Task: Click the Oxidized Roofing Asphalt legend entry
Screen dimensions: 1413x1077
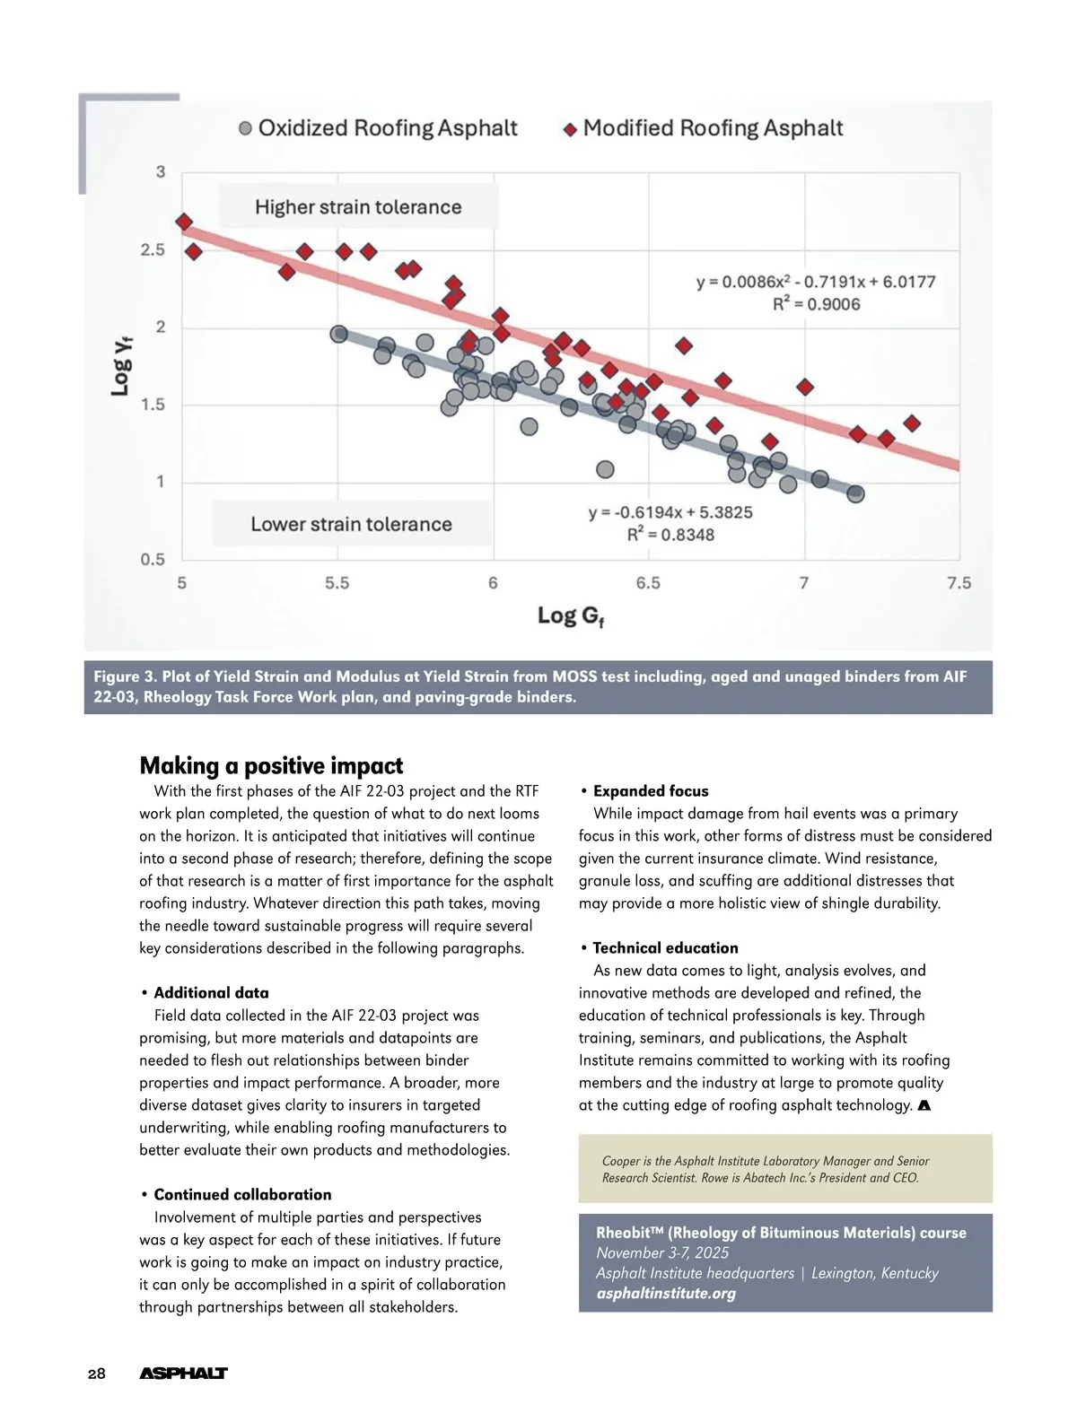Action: point(378,128)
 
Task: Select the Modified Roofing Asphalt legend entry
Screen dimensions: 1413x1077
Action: point(703,128)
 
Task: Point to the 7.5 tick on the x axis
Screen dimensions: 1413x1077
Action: point(959,583)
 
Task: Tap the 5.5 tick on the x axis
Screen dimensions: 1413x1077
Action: point(337,583)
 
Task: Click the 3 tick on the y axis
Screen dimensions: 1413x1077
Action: point(161,171)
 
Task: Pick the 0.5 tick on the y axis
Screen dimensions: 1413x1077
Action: point(153,560)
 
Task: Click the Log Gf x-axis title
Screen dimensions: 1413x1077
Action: point(571,616)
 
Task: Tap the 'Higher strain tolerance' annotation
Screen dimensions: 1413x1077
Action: point(357,207)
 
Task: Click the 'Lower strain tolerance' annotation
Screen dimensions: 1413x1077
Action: point(351,524)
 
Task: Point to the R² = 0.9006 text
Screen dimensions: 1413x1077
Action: point(816,304)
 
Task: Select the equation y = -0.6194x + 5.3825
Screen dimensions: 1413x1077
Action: point(670,512)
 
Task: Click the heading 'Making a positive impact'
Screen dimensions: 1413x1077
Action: point(271,765)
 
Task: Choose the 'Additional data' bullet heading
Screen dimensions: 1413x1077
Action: point(211,992)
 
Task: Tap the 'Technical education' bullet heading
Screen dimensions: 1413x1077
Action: point(665,947)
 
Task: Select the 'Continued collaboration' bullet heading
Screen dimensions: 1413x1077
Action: point(242,1194)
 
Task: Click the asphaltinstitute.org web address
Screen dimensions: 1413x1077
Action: point(666,1293)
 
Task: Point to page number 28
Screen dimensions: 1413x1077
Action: point(97,1374)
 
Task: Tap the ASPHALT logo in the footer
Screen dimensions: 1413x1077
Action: point(183,1374)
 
